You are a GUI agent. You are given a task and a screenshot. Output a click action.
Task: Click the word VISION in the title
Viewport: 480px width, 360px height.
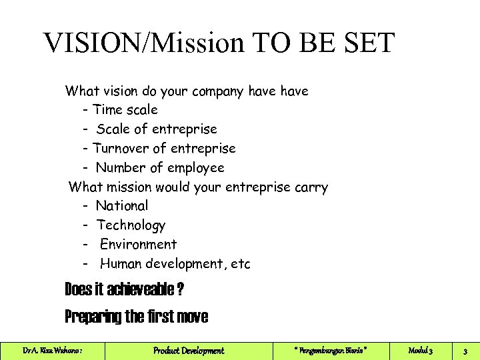96,43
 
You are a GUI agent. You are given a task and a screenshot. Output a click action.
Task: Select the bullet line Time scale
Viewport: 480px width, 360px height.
125,109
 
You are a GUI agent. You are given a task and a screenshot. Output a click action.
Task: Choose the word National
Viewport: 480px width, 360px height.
122,206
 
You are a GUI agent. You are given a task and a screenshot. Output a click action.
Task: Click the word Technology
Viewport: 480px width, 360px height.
131,225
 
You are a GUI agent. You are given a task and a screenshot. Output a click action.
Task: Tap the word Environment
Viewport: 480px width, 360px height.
139,245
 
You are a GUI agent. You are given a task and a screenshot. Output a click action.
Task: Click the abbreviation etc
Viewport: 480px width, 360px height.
241,264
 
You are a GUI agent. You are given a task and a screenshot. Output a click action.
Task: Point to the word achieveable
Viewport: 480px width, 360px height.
138,290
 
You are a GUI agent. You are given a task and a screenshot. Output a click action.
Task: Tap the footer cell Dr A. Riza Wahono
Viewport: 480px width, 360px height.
53,351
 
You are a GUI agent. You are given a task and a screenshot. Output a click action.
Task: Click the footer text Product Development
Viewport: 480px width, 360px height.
189,351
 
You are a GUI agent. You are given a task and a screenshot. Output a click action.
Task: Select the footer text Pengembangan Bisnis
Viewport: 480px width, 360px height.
331,351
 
